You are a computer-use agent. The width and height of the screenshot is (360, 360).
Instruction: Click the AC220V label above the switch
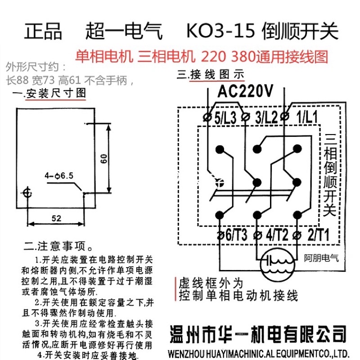click(245, 91)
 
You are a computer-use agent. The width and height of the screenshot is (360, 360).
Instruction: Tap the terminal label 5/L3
click(225, 118)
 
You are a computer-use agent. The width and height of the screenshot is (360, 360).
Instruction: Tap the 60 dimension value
click(103, 158)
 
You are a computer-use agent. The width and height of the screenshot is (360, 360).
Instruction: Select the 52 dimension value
click(56, 218)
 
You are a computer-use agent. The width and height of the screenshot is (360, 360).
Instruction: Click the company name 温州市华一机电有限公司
click(258, 335)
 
